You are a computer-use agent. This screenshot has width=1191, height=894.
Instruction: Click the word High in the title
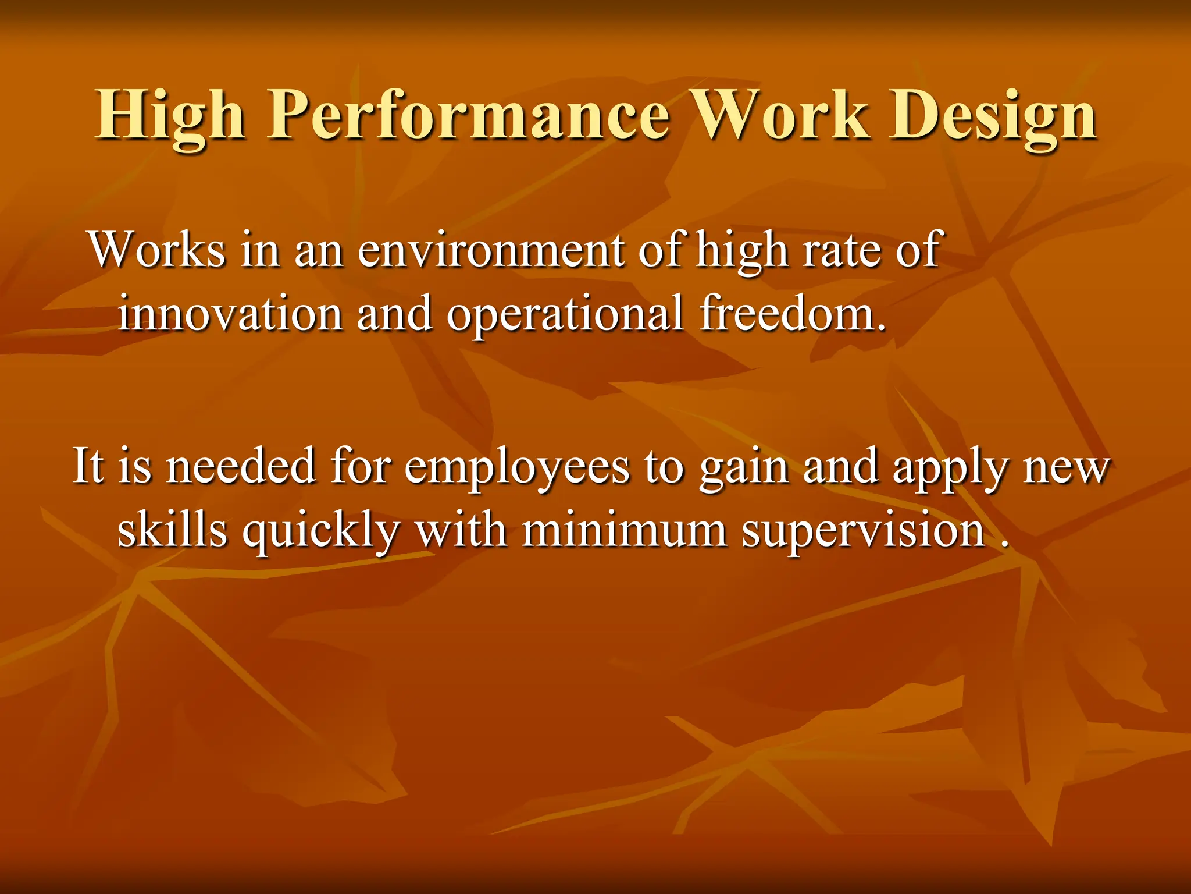(170, 116)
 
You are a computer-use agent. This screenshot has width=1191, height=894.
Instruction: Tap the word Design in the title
(992, 116)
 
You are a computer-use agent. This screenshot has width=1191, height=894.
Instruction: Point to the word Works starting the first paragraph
(157, 250)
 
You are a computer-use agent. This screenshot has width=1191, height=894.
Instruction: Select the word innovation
(230, 314)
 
